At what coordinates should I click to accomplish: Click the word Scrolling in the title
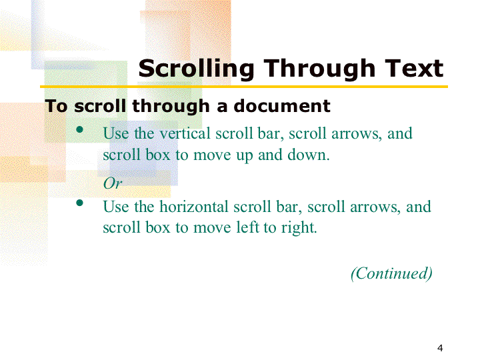click(196, 69)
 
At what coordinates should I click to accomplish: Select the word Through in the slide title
click(319, 69)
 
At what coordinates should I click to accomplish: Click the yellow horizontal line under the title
click(244, 87)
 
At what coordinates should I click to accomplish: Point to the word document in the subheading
click(281, 106)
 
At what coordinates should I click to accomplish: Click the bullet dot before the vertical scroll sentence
click(79, 129)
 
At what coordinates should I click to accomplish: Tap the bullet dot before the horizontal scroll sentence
click(79, 203)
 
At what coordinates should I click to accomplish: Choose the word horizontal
click(194, 207)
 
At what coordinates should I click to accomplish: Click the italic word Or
click(113, 183)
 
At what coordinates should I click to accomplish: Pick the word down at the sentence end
click(309, 155)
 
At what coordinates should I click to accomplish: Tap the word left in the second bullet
click(248, 227)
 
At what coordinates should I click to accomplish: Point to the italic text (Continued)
click(391, 273)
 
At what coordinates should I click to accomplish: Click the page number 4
click(440, 348)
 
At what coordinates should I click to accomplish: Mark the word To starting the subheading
click(56, 106)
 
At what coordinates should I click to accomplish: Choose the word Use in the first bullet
click(116, 133)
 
